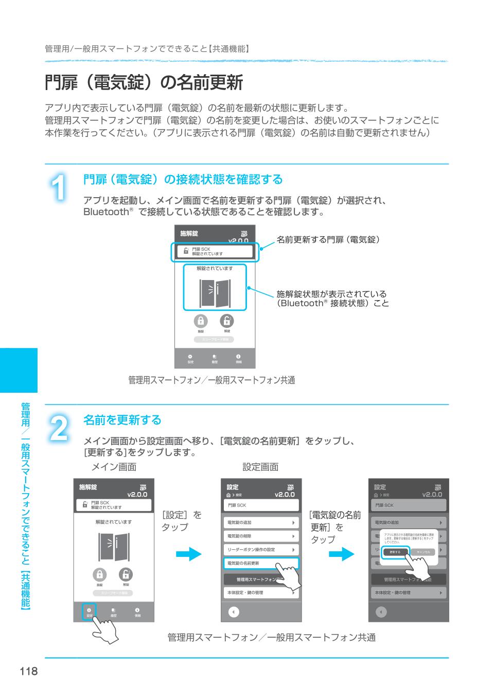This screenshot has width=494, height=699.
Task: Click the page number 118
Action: pyautogui.click(x=29, y=671)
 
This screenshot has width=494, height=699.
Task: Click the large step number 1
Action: pyautogui.click(x=60, y=188)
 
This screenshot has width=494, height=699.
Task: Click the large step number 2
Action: pyautogui.click(x=60, y=428)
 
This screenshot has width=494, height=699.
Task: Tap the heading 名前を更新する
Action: pyautogui.click(x=122, y=420)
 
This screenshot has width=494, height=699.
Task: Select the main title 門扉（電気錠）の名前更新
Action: pyautogui.click(x=144, y=82)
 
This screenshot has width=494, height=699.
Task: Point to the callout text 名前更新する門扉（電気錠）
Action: pyautogui.click(x=328, y=239)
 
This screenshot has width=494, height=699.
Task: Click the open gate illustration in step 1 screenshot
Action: pyautogui.click(x=215, y=293)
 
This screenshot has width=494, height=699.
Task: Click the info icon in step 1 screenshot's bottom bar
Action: pyautogui.click(x=238, y=357)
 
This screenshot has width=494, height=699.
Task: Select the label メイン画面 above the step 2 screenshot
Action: pyautogui.click(x=114, y=467)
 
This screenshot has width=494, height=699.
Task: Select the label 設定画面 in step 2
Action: pyautogui.click(x=260, y=467)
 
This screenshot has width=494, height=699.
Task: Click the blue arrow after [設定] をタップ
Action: pyautogui.click(x=189, y=554)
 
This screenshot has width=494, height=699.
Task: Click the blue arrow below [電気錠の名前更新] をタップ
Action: pyautogui.click(x=342, y=554)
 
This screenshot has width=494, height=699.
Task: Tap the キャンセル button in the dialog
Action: pyautogui.click(x=423, y=552)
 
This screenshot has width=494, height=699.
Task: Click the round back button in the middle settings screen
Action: pyautogui.click(x=234, y=612)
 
